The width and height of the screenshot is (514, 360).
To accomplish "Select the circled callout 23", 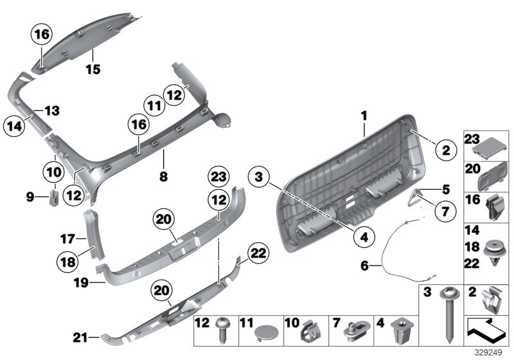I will pos(219,176).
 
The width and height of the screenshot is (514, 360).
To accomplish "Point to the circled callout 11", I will pos(152,105).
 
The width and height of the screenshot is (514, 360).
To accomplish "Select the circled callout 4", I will pos(364,237).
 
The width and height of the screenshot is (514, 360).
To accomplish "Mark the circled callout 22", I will pos(239,254).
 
